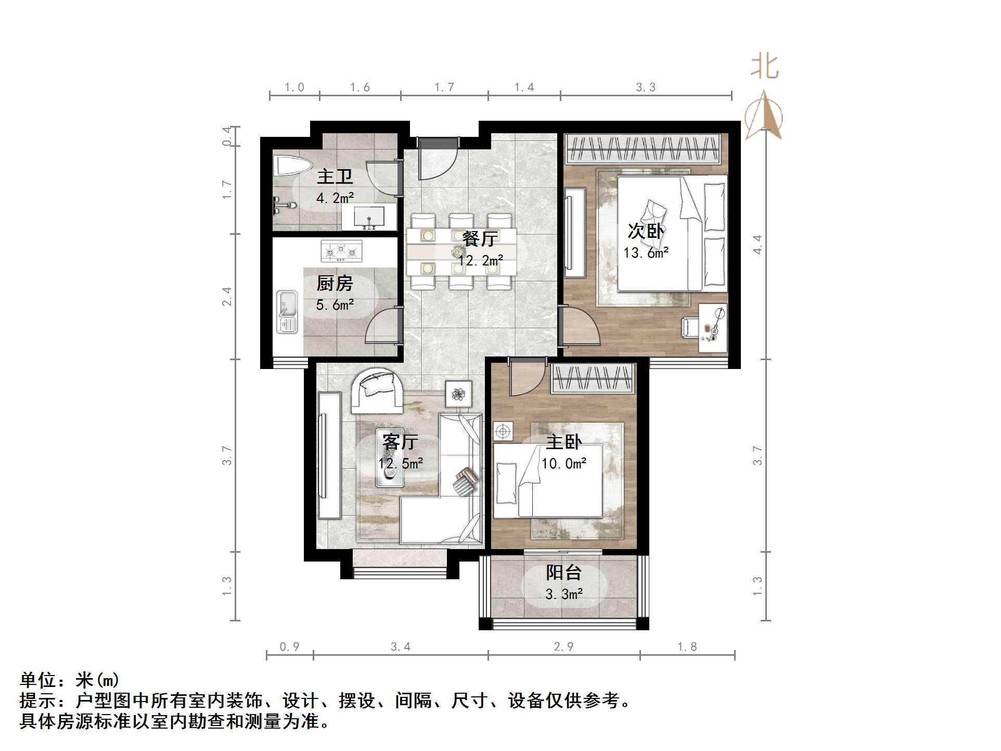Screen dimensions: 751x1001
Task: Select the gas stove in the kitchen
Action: click(341, 251)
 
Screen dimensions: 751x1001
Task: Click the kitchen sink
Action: click(287, 311)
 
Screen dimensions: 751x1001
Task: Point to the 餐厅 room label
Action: click(480, 239)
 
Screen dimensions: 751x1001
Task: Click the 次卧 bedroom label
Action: click(645, 231)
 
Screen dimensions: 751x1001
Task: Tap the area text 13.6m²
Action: click(646, 253)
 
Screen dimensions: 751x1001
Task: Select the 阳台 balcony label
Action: click(563, 573)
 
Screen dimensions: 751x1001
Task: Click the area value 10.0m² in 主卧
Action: click(564, 464)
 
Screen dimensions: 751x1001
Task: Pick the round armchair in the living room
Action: click(377, 390)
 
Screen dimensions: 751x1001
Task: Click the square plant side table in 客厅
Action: click(458, 394)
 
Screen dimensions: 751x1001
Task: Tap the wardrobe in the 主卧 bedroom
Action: click(593, 378)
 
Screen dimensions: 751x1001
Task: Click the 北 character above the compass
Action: click(764, 67)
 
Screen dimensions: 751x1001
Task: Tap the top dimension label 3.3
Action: click(646, 87)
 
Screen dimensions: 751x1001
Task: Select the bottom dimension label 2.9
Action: click(563, 647)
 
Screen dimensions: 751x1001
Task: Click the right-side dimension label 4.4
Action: click(758, 244)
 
